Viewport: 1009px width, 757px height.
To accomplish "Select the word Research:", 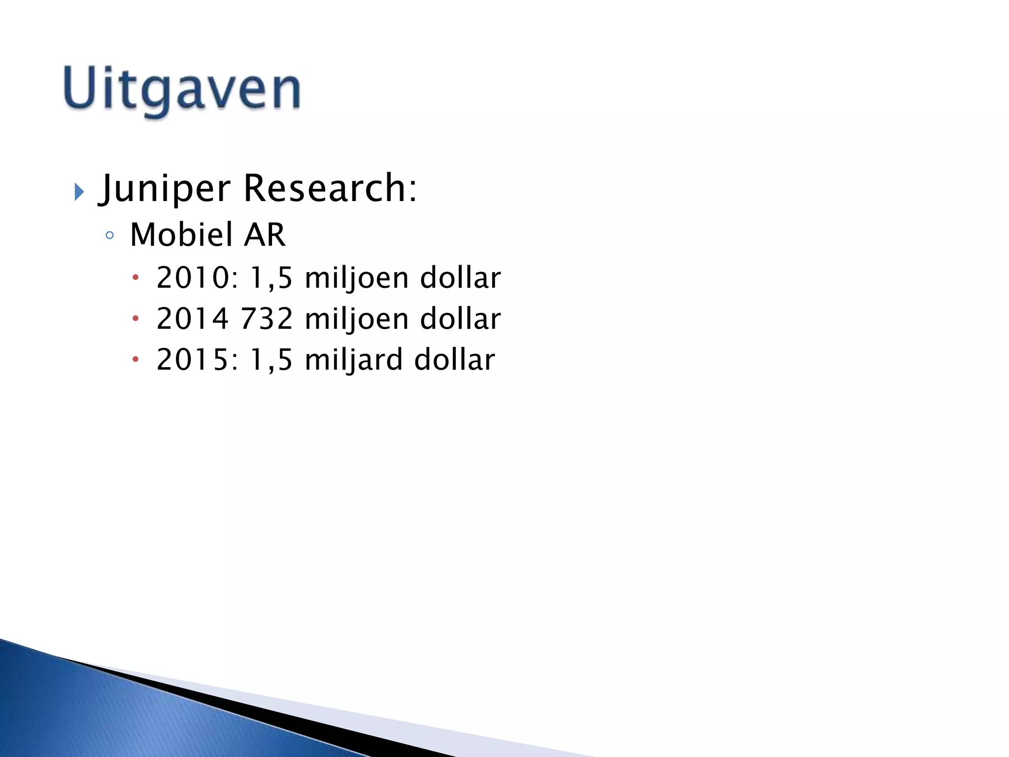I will [x=330, y=188].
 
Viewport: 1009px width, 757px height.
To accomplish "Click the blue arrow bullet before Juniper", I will [x=79, y=191].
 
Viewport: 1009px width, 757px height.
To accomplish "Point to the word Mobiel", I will [x=181, y=235].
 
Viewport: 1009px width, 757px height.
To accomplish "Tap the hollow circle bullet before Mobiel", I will [x=109, y=236].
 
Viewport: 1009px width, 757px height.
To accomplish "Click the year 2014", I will [x=193, y=318].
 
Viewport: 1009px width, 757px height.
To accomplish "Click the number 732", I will [x=267, y=318].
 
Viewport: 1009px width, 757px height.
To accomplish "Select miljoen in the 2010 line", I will [x=357, y=277].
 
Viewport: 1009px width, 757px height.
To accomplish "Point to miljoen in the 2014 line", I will [x=357, y=318].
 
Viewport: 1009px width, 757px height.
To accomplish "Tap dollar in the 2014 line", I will [x=460, y=318].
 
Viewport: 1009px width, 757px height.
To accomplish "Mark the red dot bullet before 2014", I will [x=135, y=319].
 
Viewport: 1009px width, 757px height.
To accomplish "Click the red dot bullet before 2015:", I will [x=135, y=360].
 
